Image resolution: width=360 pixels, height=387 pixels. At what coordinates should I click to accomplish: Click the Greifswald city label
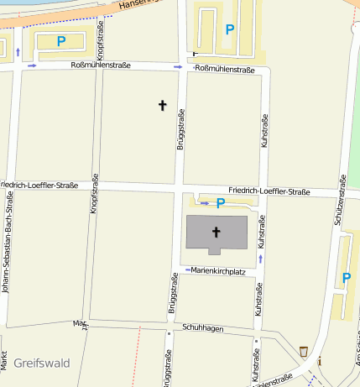point(41,363)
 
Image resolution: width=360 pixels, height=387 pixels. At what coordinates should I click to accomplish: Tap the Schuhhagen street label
point(201,329)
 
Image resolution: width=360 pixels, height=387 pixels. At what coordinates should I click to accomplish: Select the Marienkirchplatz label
point(217,271)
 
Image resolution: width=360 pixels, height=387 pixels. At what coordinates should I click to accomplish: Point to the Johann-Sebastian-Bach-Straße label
point(8,243)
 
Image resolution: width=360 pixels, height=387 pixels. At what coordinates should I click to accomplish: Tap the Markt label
point(3,359)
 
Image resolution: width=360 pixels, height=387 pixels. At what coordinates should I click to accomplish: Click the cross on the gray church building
point(216,231)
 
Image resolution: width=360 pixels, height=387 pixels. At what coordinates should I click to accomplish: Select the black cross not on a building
point(163,105)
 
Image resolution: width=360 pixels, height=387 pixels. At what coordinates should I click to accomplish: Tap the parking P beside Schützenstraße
point(346,278)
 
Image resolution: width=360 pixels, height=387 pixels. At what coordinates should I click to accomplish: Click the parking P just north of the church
point(221,203)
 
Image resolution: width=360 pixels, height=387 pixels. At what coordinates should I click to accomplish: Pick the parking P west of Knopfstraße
point(60,40)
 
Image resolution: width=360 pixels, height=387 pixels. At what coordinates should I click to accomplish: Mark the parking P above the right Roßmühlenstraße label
point(229,29)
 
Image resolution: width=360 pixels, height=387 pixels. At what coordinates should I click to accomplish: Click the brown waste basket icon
point(304,350)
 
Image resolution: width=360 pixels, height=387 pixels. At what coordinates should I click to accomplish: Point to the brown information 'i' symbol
point(319,360)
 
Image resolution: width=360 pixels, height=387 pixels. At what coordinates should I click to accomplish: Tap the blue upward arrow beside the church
point(260,259)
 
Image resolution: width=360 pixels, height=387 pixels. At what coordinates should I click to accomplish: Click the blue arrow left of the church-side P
point(204,202)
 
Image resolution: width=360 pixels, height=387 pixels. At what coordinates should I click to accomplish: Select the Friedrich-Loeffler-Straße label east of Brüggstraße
point(269,192)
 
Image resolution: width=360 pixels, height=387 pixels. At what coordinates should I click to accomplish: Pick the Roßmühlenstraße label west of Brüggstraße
point(101,65)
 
